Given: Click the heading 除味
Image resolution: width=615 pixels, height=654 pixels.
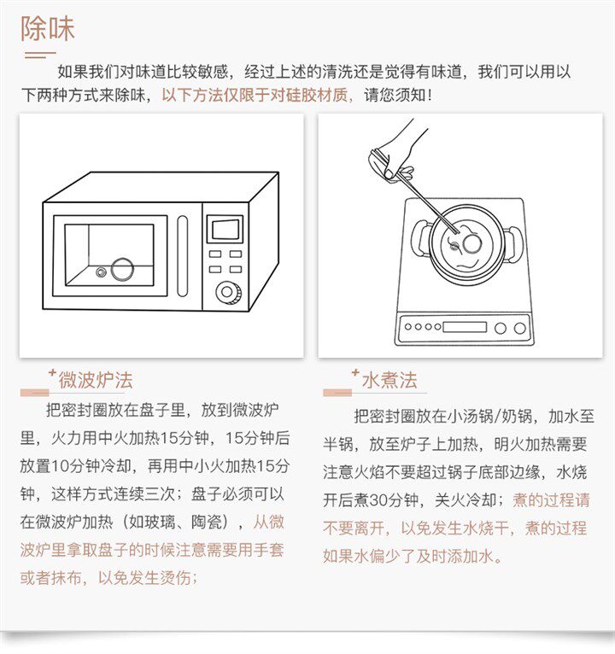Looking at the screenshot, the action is click(x=48, y=29).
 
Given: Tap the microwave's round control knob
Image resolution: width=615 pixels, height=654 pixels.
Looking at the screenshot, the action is click(x=227, y=291).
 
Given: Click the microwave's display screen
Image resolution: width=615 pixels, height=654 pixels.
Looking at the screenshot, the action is click(x=225, y=229).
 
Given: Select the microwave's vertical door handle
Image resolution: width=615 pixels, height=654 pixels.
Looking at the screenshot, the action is click(x=182, y=255).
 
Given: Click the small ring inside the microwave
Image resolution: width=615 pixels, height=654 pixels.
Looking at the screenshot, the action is click(x=101, y=272).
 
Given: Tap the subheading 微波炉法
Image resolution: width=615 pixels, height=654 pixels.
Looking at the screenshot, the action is click(x=96, y=380).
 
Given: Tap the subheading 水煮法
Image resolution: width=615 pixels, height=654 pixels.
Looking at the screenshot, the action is click(x=389, y=380).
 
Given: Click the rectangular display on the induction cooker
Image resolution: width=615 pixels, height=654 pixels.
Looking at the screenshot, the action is click(x=465, y=327).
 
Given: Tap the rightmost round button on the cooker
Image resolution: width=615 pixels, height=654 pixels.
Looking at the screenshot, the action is click(x=520, y=328).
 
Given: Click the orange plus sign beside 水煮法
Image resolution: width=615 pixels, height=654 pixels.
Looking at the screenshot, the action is click(x=355, y=372).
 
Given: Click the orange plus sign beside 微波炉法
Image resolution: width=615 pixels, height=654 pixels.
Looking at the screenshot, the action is click(x=52, y=372).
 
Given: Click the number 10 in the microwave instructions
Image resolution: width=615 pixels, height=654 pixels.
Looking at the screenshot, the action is click(x=60, y=466).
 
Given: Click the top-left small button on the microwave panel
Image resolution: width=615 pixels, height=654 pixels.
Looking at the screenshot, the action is click(x=215, y=254).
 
